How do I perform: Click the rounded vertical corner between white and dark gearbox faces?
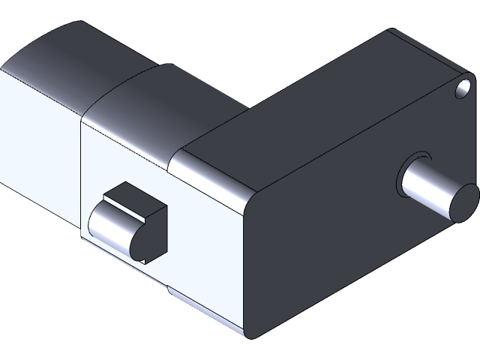point(250,262)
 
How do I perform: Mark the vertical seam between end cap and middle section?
point(80,172)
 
